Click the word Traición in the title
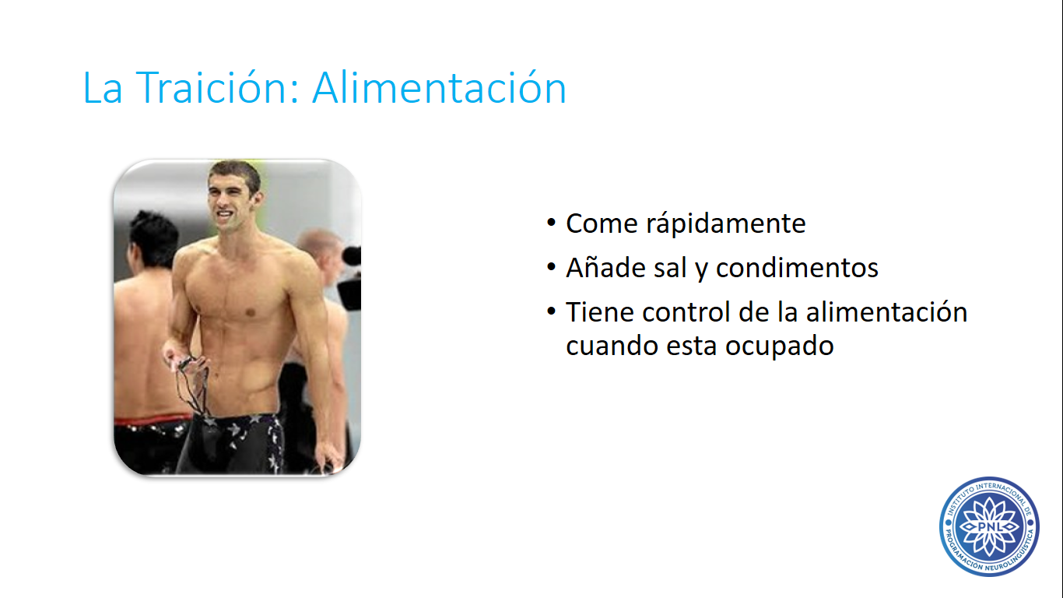point(217,87)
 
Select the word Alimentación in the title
point(440,87)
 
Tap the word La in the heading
point(103,88)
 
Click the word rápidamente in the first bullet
point(725,223)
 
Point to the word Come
point(602,224)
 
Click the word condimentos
point(797,268)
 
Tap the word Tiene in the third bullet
point(600,312)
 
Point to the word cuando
point(612,346)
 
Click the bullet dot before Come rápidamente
point(551,222)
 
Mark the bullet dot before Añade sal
point(551,267)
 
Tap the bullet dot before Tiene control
point(551,311)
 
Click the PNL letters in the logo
point(989,526)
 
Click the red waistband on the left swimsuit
point(152,420)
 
